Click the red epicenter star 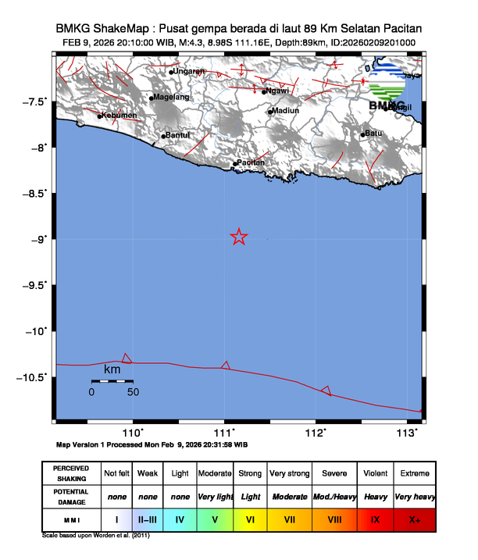click(x=239, y=237)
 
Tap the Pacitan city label click(x=251, y=162)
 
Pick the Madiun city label click(x=284, y=111)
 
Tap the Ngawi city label click(x=277, y=91)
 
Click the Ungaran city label click(x=188, y=72)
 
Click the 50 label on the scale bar click(x=133, y=392)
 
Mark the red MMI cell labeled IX click(x=375, y=519)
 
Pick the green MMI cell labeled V click(x=215, y=519)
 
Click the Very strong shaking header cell click(x=288, y=474)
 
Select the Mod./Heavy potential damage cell click(x=334, y=496)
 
